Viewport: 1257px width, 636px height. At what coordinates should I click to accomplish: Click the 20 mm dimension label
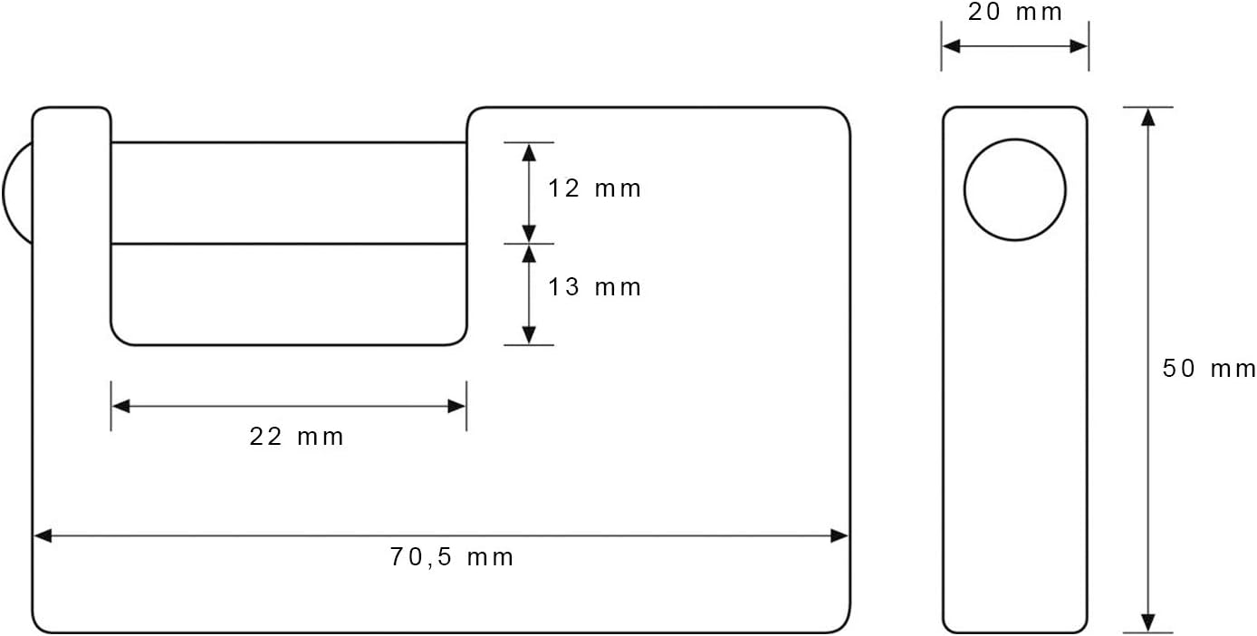click(1015, 12)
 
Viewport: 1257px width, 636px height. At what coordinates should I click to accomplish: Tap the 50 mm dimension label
click(1209, 369)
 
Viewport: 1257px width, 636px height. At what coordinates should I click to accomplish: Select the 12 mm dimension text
click(594, 188)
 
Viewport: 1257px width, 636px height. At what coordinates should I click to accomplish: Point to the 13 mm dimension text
click(594, 287)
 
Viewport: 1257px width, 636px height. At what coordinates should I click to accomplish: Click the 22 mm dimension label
click(296, 437)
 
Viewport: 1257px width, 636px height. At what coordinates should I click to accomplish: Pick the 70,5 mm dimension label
click(452, 557)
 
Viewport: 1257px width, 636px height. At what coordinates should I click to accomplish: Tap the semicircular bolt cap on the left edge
click(17, 193)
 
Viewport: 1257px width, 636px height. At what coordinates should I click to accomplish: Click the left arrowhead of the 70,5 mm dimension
click(43, 536)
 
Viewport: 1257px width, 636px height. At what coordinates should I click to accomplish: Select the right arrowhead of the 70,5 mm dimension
click(839, 536)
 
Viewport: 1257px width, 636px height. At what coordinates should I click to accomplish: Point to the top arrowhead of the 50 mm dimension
click(1148, 117)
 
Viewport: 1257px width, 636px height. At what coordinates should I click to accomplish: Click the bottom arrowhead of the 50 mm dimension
click(1148, 622)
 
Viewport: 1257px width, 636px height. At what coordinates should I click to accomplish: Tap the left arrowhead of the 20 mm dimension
click(951, 46)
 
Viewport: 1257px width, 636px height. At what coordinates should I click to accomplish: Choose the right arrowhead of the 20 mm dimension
click(1079, 46)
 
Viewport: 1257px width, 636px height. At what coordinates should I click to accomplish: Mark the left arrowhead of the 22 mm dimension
click(121, 406)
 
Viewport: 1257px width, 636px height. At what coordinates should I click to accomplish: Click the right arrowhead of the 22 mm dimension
click(456, 406)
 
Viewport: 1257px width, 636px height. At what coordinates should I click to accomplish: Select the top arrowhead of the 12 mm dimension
click(529, 153)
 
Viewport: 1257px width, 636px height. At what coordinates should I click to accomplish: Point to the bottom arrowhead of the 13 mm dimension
click(529, 335)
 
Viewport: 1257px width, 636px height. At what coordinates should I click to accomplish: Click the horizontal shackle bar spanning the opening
click(288, 193)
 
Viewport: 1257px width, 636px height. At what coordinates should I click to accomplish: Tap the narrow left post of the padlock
click(72, 225)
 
